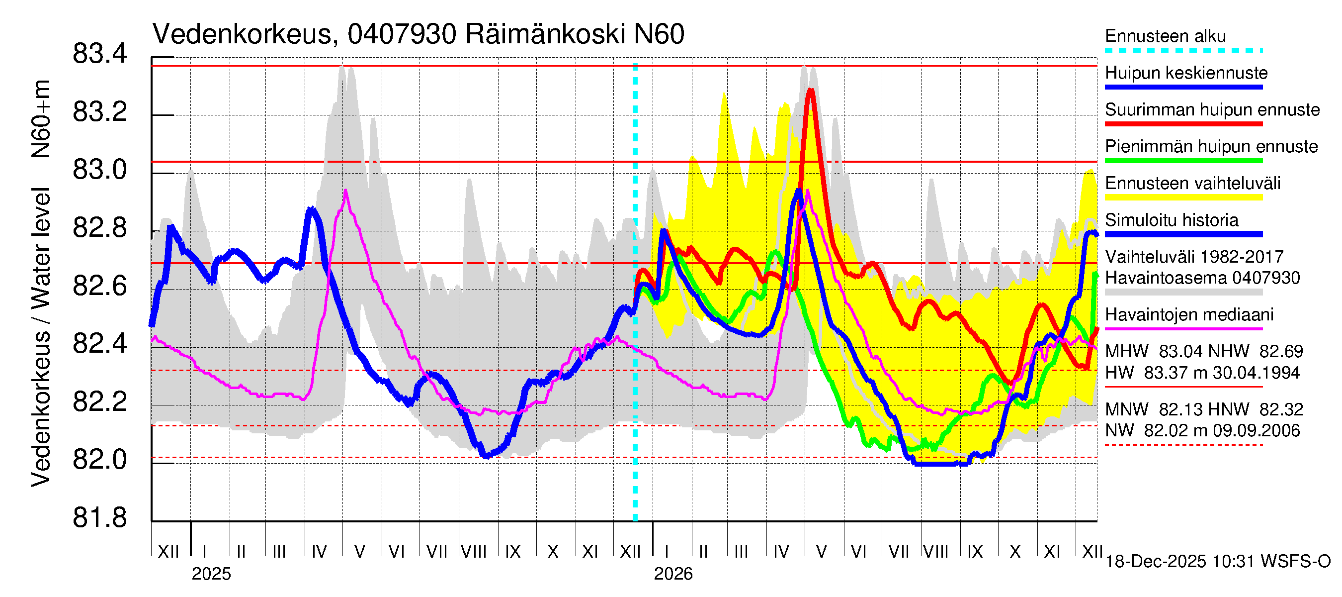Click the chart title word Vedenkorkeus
242,34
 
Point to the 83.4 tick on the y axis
99,54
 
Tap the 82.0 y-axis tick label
99,460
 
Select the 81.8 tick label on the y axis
99,518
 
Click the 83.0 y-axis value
99,170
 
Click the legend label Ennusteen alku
1165,36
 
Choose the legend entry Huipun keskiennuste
1186,73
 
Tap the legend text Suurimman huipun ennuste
1212,109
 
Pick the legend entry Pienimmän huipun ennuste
1211,146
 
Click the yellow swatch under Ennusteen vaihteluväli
1183,197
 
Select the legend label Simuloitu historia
1171,220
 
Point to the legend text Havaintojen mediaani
1189,314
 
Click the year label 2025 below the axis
211,574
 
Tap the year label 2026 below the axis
673,574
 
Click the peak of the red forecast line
810,91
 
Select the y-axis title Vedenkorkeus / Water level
41,336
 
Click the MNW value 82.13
1181,409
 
